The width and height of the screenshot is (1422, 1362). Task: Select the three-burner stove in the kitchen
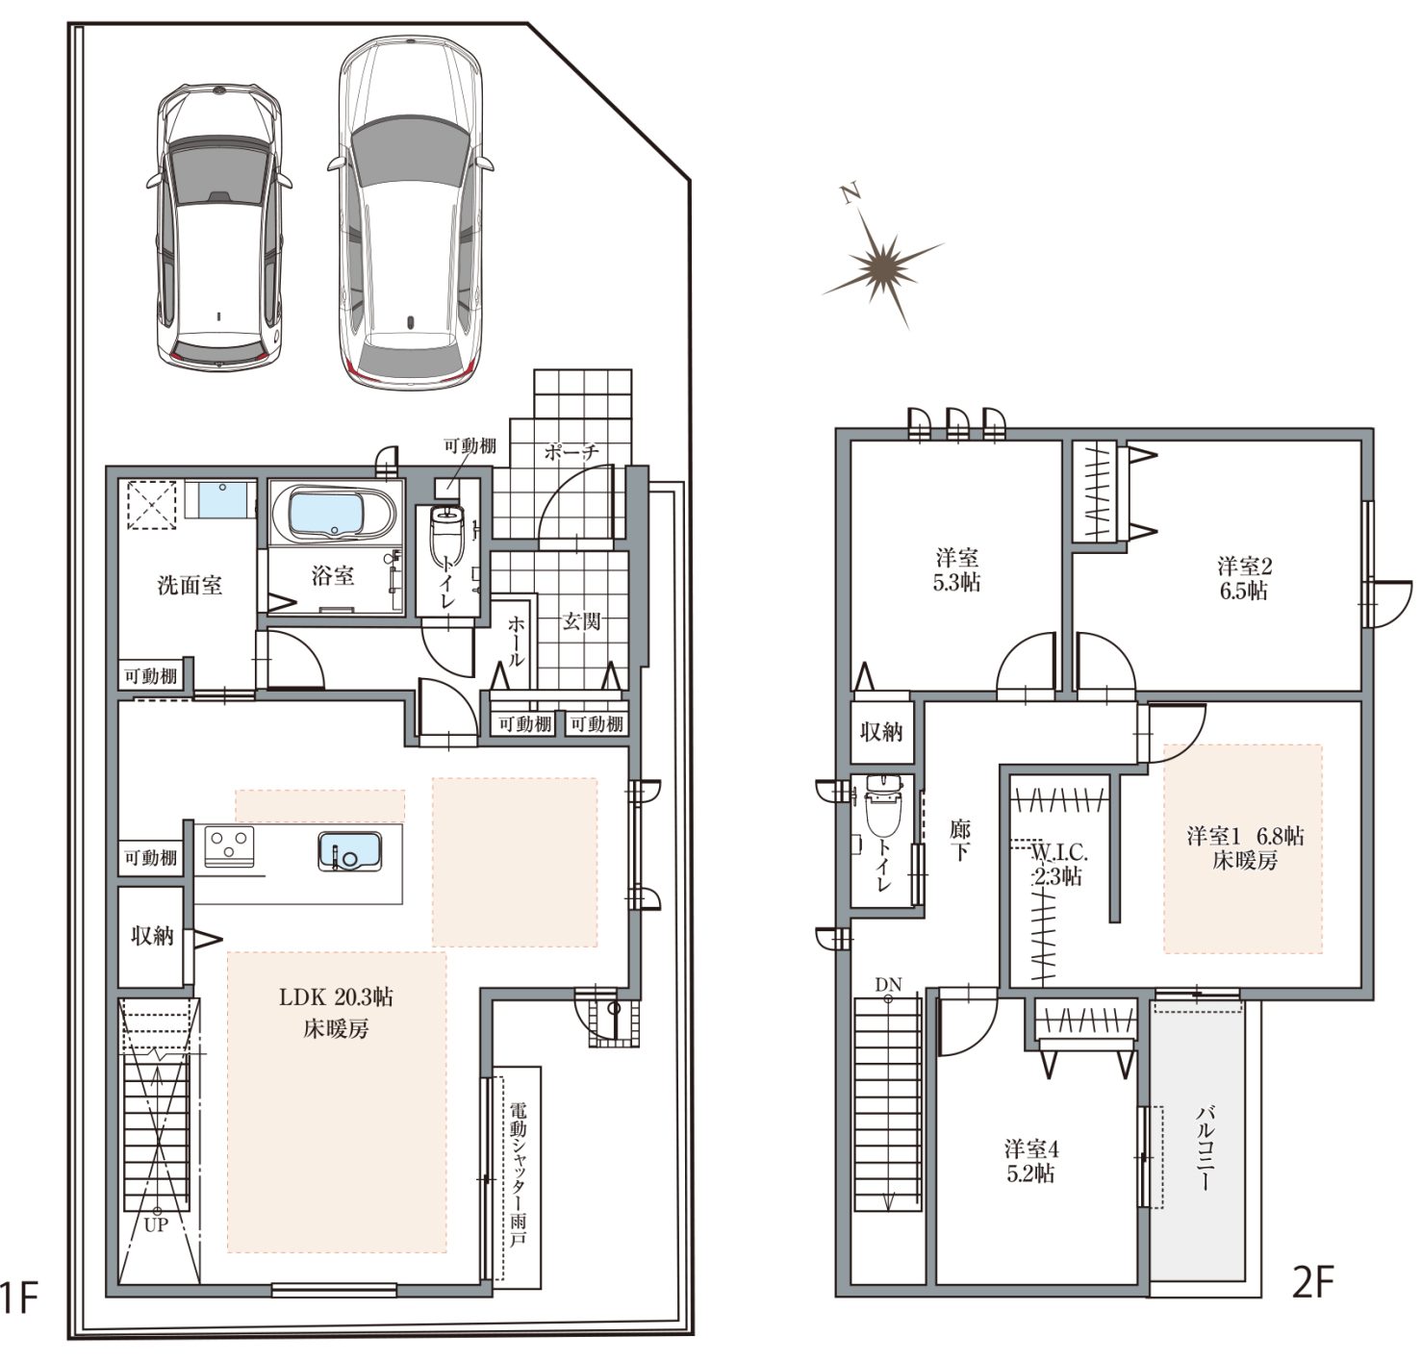click(x=229, y=846)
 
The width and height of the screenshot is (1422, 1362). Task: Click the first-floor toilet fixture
click(x=447, y=536)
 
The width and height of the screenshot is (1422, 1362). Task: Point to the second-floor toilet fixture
click(x=882, y=806)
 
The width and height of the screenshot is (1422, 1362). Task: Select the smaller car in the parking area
click(x=218, y=226)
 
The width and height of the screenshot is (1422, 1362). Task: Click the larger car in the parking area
click(x=410, y=214)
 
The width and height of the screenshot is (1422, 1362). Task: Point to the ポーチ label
click(x=571, y=451)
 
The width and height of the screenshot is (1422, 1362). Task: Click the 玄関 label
click(x=582, y=621)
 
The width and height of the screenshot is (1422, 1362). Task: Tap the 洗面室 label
click(x=190, y=585)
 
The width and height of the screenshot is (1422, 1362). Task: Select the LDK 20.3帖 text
click(x=336, y=997)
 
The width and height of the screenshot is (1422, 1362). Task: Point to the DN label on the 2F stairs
click(x=889, y=985)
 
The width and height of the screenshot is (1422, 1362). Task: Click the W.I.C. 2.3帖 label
click(x=1058, y=864)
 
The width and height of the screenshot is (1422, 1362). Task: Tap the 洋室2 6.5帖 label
click(x=1244, y=578)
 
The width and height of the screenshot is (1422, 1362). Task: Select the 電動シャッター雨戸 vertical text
click(x=518, y=1175)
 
